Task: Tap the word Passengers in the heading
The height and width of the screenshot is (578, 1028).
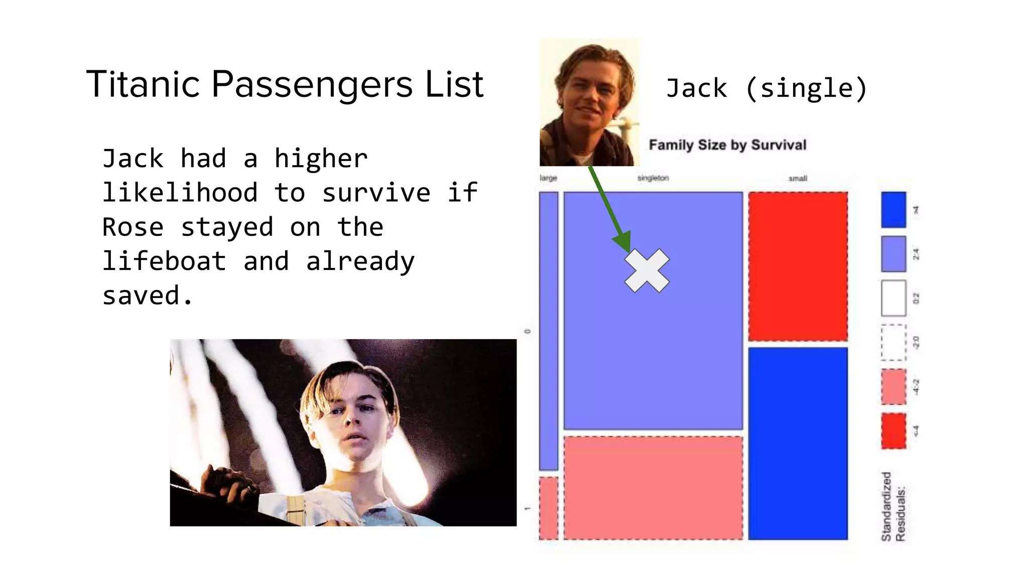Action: [x=312, y=84]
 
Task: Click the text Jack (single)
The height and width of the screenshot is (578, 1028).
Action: [x=766, y=88]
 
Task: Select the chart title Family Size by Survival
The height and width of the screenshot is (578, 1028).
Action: [x=727, y=145]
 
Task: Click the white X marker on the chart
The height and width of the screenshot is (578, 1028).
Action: [x=647, y=270]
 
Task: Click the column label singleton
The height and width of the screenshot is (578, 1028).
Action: [x=653, y=178]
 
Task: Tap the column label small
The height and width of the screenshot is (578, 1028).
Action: [x=798, y=179]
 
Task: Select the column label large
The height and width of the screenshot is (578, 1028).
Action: [x=548, y=178]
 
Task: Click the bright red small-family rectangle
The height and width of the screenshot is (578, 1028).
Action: [x=798, y=266]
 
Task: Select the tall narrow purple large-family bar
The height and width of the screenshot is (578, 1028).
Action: [x=548, y=331]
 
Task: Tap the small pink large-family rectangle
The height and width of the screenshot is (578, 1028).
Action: [x=548, y=508]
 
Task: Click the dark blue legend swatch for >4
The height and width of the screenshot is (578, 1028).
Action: [x=893, y=210]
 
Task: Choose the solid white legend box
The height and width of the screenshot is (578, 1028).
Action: [x=893, y=298]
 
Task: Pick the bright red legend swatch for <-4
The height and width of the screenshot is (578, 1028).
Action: [x=893, y=430]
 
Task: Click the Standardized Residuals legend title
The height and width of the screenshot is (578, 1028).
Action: [x=893, y=507]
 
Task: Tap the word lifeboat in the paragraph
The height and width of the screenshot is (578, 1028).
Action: [x=164, y=261]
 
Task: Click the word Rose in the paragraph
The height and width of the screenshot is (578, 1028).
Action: [x=133, y=227]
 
